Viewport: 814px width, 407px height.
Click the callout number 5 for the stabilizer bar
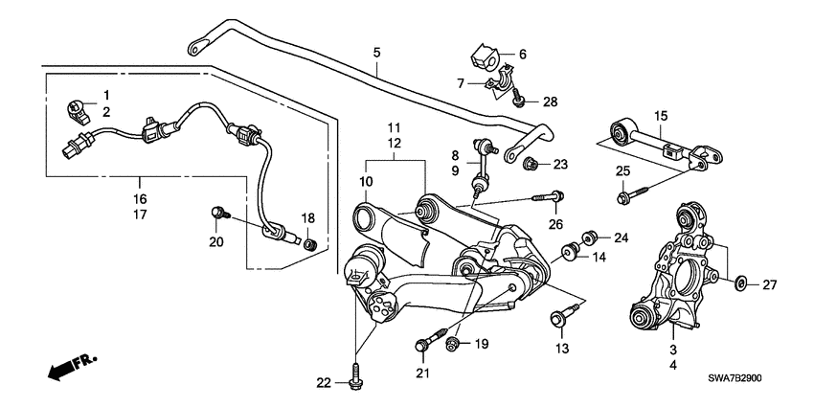pos(376,51)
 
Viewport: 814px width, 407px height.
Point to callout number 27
pos(768,284)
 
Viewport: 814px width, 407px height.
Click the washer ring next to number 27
pos(740,284)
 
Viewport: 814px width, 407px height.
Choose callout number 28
pos(549,101)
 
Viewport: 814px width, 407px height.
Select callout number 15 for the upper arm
pos(660,117)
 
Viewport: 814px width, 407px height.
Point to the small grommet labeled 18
pos(308,246)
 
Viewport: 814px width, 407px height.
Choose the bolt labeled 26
pos(555,198)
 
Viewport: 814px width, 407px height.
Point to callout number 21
pos(422,372)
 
